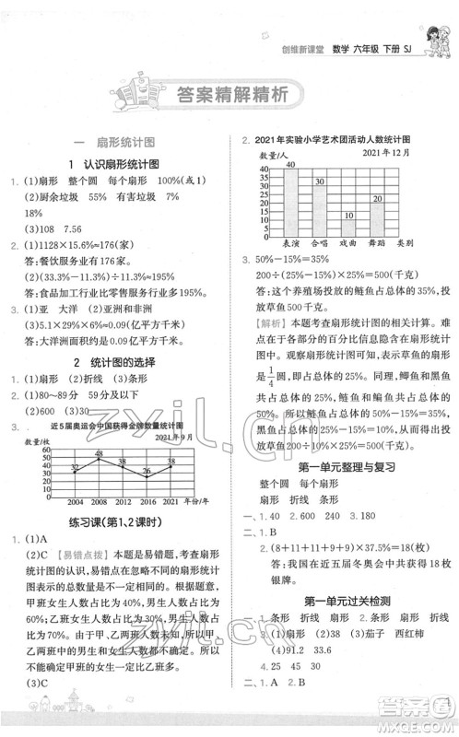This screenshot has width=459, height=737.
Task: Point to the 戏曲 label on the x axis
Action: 348,243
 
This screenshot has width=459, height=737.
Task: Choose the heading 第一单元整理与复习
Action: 340,444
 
